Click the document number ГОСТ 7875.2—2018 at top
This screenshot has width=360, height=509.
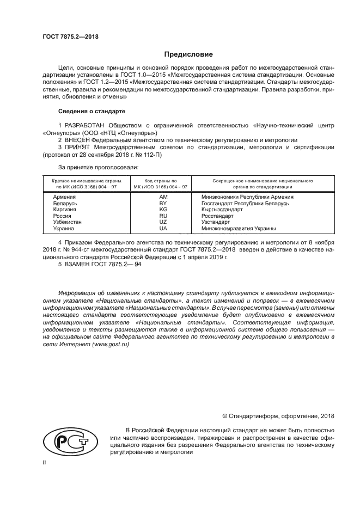point(70,37)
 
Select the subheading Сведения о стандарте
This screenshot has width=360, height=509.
point(91,112)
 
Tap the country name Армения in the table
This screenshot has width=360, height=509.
point(64,196)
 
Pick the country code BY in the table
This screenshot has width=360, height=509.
point(162,203)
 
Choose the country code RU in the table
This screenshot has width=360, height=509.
point(162,216)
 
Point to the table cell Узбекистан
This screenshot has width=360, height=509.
point(68,223)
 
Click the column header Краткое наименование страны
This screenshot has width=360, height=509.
point(82,180)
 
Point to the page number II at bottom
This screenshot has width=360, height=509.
point(44,462)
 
